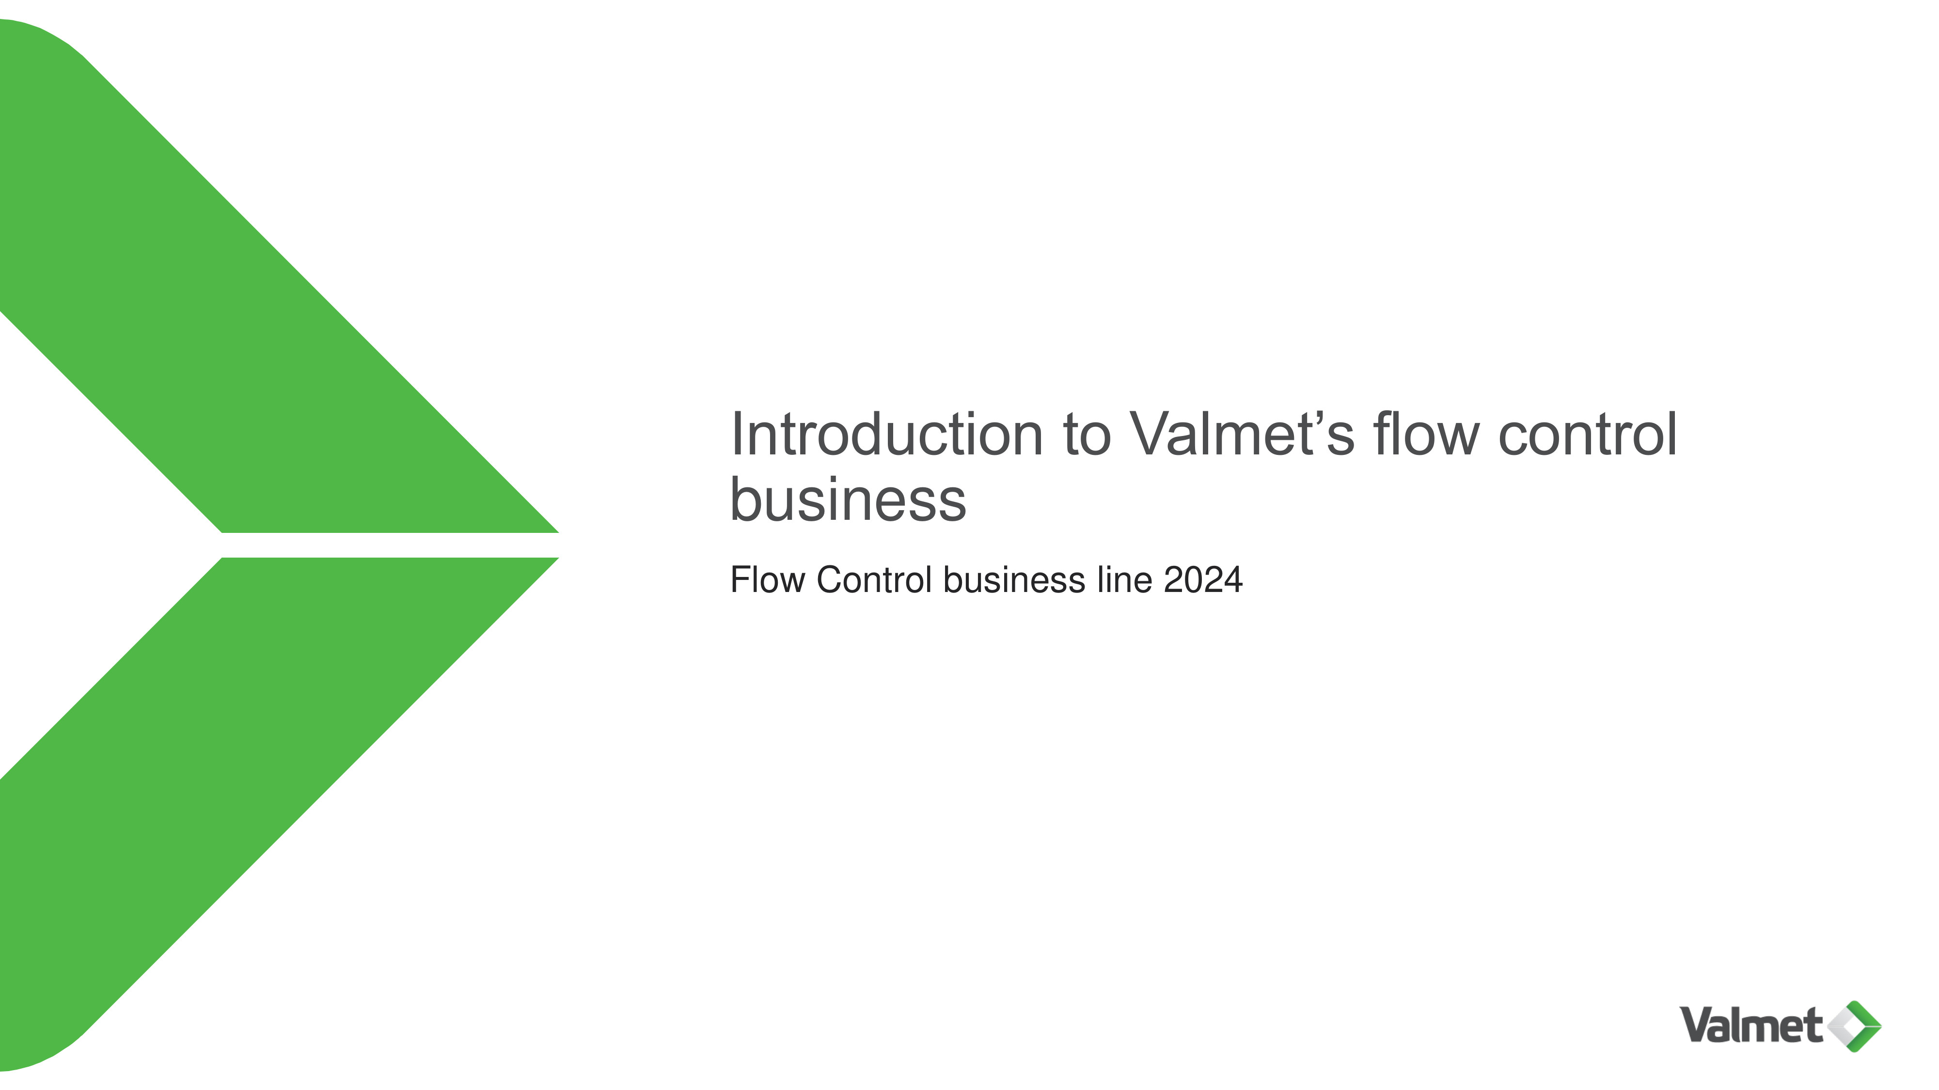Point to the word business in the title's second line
[x=848, y=499]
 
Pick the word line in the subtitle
[x=1124, y=580]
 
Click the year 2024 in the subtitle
[x=1203, y=580]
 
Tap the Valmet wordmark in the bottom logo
[x=1751, y=1025]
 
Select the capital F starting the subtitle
[x=741, y=580]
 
